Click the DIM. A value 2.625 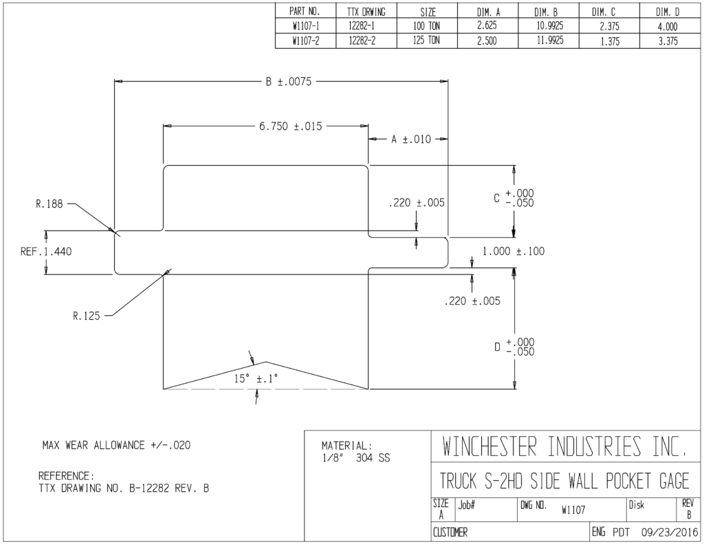point(487,26)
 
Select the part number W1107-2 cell point(306,41)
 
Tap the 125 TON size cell point(426,41)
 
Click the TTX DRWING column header point(366,12)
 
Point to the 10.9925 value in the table point(549,26)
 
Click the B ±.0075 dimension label point(289,82)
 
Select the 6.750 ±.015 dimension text point(291,127)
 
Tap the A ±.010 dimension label point(411,139)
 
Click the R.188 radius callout point(49,204)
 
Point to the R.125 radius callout point(86,316)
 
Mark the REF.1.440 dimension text point(46,252)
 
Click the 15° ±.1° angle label point(256,379)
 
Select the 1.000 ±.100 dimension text point(514,252)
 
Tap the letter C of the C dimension point(496,198)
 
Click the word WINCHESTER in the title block point(489,446)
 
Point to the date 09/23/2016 point(670,533)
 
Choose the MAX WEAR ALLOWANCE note point(116,445)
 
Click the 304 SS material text point(373,458)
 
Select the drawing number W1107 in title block point(573,510)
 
